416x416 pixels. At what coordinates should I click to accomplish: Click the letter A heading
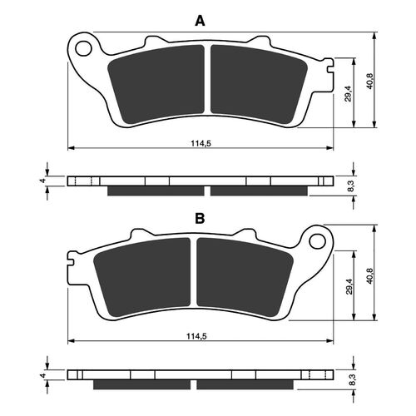coord(199,21)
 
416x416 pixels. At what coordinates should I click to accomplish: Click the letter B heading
coord(199,219)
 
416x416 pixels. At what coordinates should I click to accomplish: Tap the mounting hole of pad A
coord(84,48)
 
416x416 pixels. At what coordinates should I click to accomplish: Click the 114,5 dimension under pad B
coord(199,336)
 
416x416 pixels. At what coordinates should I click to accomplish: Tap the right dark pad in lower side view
coord(245,385)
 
